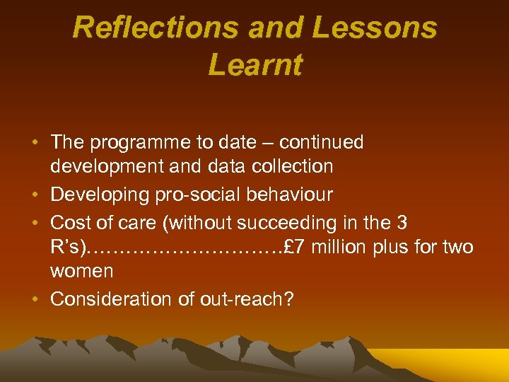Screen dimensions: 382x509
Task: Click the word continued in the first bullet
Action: pyautogui.click(x=322, y=142)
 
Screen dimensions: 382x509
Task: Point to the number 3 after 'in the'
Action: pyautogui.click(x=402, y=223)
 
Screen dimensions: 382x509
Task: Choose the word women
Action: pyautogui.click(x=81, y=271)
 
